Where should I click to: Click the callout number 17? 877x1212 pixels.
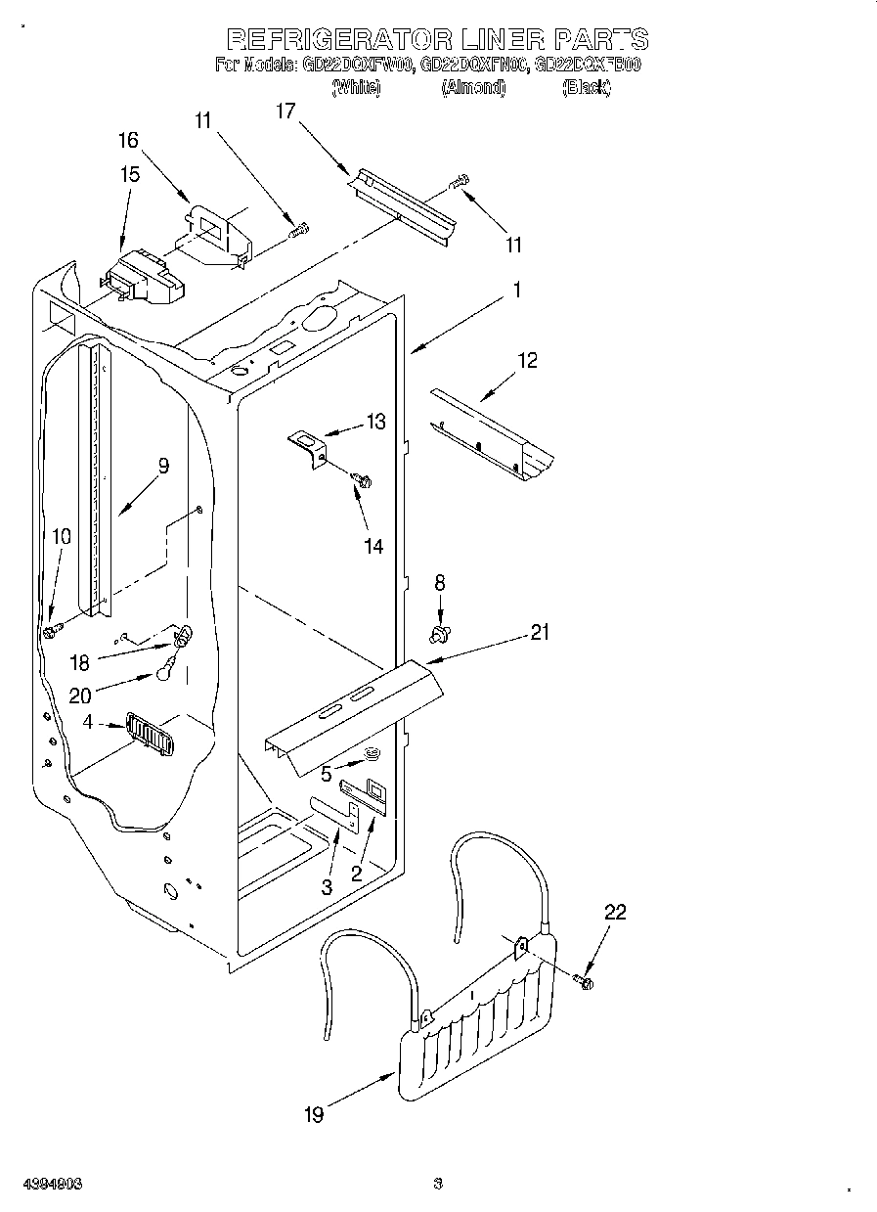(285, 112)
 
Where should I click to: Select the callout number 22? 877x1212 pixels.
(614, 912)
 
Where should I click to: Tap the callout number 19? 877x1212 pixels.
(314, 1113)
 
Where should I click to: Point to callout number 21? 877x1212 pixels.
(540, 632)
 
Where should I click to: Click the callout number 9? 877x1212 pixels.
(162, 466)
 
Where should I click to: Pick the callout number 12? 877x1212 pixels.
(527, 361)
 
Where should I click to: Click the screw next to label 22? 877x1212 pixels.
(586, 979)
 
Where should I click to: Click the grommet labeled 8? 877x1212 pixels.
(440, 635)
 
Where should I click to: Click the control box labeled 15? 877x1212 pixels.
(142, 277)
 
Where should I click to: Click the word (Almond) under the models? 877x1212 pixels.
(473, 88)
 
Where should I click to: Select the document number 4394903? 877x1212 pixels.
(49, 1184)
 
